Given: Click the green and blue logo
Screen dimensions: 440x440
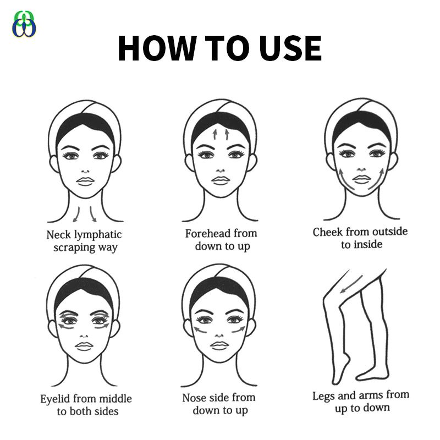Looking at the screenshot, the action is (x=24, y=24).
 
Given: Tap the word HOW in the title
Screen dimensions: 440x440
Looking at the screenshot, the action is (x=157, y=48).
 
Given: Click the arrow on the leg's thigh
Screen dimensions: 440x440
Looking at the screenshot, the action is (x=351, y=284).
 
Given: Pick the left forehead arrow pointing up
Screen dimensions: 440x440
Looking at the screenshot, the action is (x=215, y=134).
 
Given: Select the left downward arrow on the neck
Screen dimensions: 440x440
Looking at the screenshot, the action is (x=76, y=215).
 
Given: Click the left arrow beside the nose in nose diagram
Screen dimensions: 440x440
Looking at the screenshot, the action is (x=200, y=329).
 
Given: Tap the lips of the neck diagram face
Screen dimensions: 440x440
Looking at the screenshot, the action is (x=85, y=181).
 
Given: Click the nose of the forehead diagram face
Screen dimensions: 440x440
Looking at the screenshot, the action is (x=221, y=170).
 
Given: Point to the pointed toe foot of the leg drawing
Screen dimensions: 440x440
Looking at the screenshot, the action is (x=340, y=370).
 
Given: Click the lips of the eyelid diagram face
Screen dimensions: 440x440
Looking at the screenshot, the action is (x=84, y=346).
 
